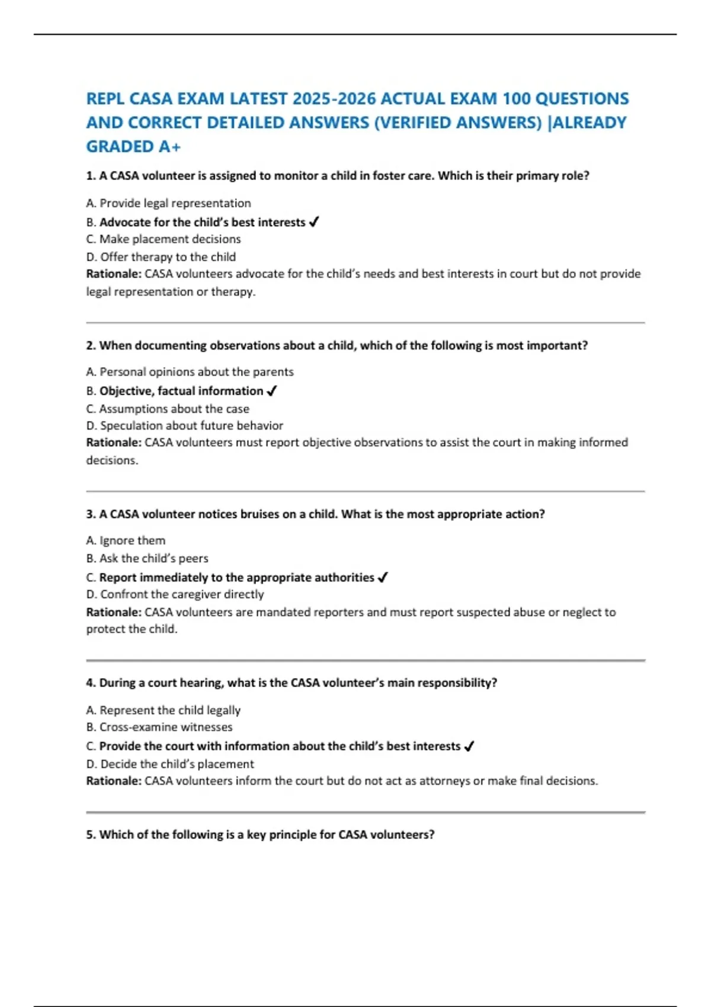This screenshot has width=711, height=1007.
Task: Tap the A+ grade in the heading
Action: pyautogui.click(x=169, y=146)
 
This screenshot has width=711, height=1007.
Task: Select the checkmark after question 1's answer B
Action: pyautogui.click(x=315, y=222)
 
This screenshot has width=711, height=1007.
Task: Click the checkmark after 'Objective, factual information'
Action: pyautogui.click(x=272, y=391)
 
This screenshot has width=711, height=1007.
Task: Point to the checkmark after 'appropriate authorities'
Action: pyautogui.click(x=383, y=578)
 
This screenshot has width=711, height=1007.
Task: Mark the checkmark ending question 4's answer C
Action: pyautogui.click(x=469, y=746)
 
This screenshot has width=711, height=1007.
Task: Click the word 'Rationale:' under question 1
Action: pyautogui.click(x=114, y=274)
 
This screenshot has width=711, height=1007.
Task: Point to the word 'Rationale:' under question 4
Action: pyautogui.click(x=114, y=781)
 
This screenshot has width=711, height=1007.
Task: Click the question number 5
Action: pyautogui.click(x=90, y=835)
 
